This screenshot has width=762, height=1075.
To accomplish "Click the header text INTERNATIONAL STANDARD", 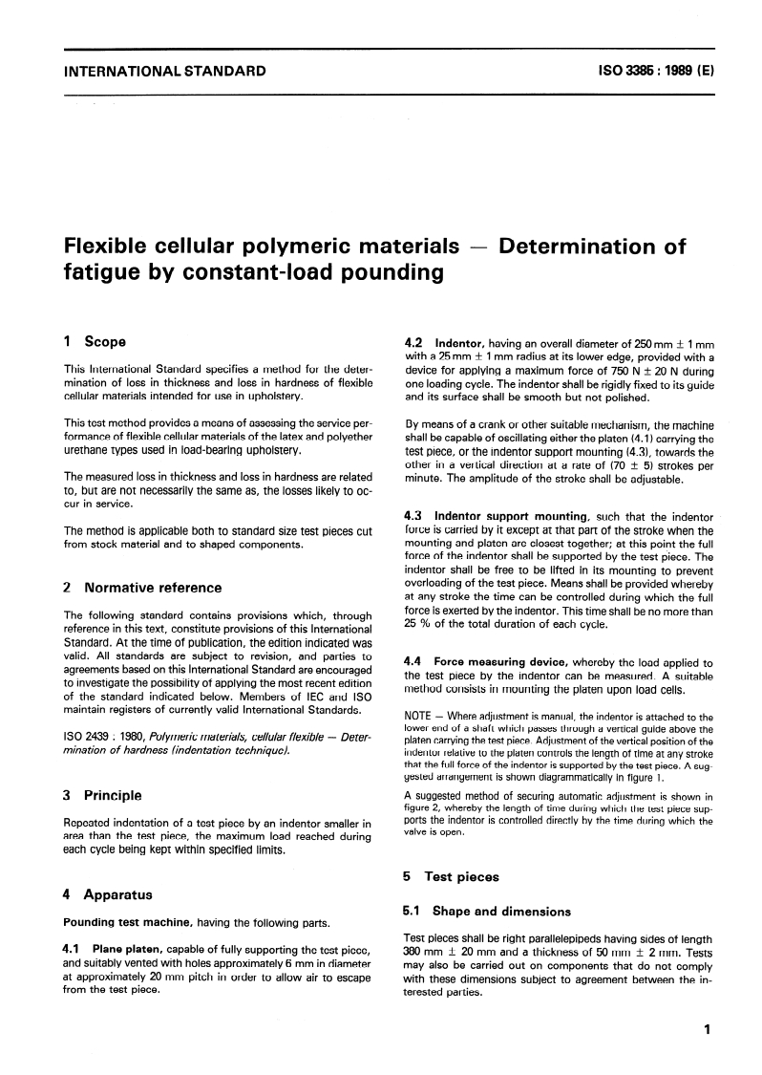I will (x=164, y=70).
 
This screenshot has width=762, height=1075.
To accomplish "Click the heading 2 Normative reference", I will (x=141, y=588).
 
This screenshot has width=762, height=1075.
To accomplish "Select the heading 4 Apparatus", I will (x=105, y=895).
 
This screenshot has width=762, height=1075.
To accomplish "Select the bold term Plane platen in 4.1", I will (x=133, y=949).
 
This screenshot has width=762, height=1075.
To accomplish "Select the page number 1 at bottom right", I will (x=704, y=1030).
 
